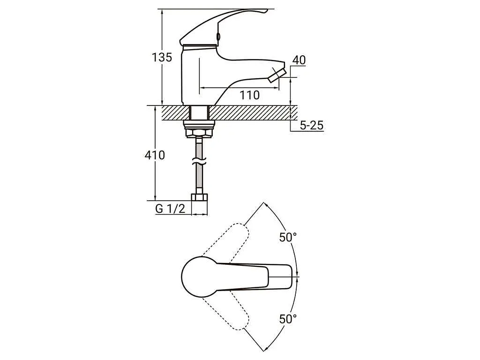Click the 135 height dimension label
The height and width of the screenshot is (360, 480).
[162, 57]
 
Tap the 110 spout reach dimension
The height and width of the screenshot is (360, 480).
[249, 95]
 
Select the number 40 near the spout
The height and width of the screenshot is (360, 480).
[299, 60]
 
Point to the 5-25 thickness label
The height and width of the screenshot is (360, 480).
[311, 125]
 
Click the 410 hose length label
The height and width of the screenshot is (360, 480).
[155, 155]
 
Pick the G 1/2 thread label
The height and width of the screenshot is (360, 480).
[170, 209]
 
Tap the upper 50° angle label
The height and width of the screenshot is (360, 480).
[288, 237]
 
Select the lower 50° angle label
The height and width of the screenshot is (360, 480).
[288, 319]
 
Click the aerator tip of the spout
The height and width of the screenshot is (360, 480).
[277, 75]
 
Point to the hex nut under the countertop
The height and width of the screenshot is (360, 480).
[199, 133]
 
